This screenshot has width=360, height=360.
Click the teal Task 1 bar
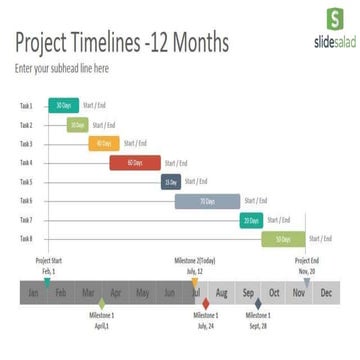pos(62,105)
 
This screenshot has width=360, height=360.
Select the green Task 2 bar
pos(77,125)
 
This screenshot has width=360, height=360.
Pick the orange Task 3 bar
pos(104,144)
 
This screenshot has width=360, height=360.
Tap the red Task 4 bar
pos(135,163)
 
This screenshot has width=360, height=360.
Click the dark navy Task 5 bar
pos(171,182)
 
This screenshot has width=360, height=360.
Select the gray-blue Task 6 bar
pos(207,201)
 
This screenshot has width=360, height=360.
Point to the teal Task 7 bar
pos(251,220)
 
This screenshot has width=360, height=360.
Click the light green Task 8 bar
pos(283,239)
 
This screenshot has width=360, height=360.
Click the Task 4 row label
pos(25,163)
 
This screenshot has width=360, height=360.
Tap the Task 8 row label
pos(25,239)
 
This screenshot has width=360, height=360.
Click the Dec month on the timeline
pos(325,292)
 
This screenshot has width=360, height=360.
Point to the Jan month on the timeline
pos(35,292)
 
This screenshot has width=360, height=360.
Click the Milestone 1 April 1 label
pos(100,322)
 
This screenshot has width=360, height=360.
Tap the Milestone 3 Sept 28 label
pos(258,322)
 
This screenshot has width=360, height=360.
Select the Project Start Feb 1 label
pos(48,266)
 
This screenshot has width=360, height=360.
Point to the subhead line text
pos(62,69)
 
